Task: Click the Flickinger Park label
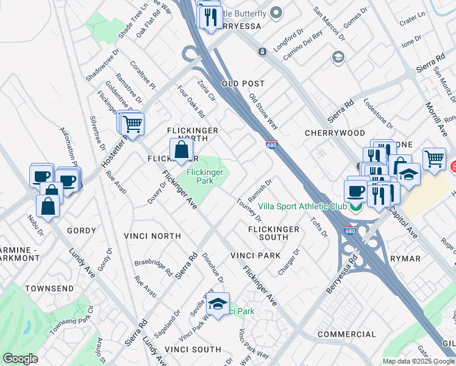(x=204, y=177)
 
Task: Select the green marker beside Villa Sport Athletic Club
(x=354, y=207)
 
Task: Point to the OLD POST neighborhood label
(x=243, y=84)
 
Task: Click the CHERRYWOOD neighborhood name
(x=335, y=133)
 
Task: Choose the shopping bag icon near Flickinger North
(x=182, y=149)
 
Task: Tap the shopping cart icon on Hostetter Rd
(x=132, y=124)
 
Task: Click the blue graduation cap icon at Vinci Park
(x=217, y=304)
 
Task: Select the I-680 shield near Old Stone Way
(x=272, y=145)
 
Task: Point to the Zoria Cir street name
(x=207, y=90)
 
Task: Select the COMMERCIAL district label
(x=346, y=334)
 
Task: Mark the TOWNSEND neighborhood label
(x=49, y=288)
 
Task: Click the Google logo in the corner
(x=20, y=359)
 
